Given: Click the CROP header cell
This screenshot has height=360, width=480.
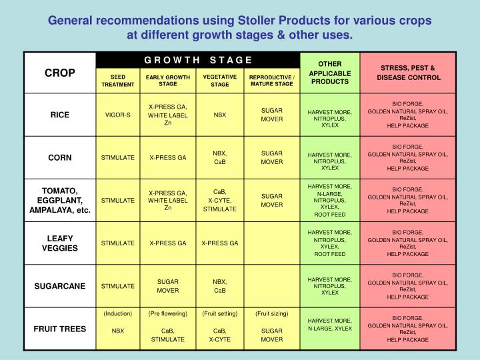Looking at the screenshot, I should pyautogui.click(x=59, y=73).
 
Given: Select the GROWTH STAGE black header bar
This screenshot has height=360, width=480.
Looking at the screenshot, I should pyautogui.click(x=198, y=60).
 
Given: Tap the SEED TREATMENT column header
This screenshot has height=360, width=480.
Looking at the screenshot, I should pyautogui.click(x=118, y=81).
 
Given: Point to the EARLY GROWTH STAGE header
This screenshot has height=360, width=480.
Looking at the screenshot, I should pyautogui.click(x=168, y=81).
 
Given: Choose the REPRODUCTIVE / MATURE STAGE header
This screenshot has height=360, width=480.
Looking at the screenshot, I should pyautogui.click(x=271, y=81).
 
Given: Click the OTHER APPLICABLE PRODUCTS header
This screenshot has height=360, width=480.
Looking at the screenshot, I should pyautogui.click(x=330, y=73).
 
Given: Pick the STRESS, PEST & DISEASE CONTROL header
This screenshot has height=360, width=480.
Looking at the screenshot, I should pyautogui.click(x=407, y=73).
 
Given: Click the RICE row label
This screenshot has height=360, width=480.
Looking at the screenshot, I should pyautogui.click(x=59, y=115).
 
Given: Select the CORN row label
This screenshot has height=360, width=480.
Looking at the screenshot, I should pyautogui.click(x=59, y=157).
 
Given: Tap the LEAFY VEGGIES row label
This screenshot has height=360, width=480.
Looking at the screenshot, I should pyautogui.click(x=59, y=243).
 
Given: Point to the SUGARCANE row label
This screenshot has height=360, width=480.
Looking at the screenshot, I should pyautogui.click(x=59, y=286).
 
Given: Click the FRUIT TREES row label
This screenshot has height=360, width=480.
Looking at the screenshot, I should pyautogui.click(x=59, y=328).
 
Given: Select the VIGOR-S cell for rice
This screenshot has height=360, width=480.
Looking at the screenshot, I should pyautogui.click(x=118, y=115).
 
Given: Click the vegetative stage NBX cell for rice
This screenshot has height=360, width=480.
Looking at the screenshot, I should pyautogui.click(x=220, y=115).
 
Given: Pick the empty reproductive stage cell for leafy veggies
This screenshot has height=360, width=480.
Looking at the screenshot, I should pyautogui.click(x=271, y=243).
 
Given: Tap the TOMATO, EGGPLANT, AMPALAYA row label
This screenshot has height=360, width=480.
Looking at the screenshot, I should pyautogui.click(x=59, y=200).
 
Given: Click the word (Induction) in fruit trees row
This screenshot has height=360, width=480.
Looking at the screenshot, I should pyautogui.click(x=118, y=313).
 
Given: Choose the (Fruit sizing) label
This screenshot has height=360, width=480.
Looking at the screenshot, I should pyautogui.click(x=271, y=313).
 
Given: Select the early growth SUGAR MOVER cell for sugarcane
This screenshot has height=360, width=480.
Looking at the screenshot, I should pyautogui.click(x=168, y=286).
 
